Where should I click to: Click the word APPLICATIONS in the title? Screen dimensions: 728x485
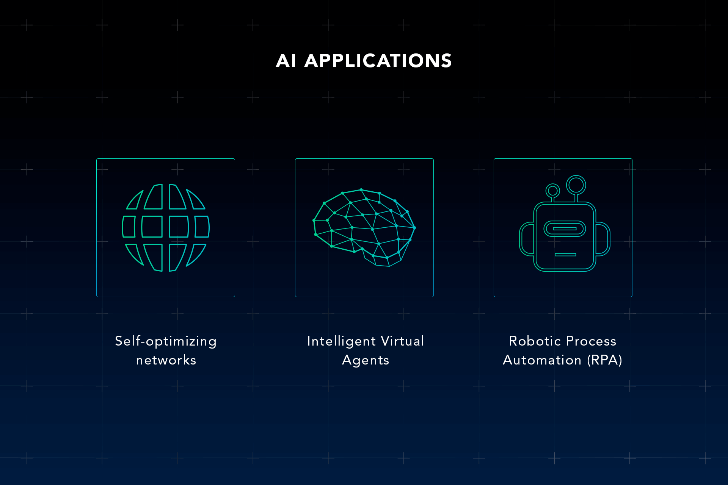pos(378,61)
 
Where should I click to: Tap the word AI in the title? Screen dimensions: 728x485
pos(286,61)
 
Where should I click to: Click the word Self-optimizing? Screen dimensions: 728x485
pos(166,341)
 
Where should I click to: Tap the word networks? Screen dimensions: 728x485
pos(166,360)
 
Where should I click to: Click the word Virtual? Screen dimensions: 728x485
pos(403,341)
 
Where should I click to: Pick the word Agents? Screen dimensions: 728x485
pos(366,360)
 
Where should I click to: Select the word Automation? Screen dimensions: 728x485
pos(542,360)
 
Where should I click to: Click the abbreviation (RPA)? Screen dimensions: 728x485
pos(605,360)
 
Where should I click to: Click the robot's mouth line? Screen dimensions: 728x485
pos(565,255)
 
